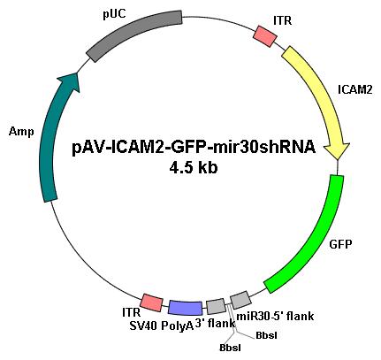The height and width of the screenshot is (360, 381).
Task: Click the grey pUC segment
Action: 133,33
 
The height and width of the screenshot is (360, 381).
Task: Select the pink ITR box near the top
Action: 265,36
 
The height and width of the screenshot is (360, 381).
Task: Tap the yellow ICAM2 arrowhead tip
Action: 339,159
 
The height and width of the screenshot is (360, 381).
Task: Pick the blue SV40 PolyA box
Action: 186,308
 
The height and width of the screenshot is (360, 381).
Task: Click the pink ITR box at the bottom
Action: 151,303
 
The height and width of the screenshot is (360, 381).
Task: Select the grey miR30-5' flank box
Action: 240,300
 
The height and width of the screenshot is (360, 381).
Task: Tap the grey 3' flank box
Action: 216,307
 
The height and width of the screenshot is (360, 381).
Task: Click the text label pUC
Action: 114,15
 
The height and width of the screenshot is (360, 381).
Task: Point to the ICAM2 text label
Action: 354,89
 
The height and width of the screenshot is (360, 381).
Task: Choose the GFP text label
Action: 340,244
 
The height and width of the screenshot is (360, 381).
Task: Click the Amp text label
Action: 21,132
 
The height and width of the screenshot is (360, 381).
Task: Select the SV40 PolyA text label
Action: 162,326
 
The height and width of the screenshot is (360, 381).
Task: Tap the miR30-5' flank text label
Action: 275,317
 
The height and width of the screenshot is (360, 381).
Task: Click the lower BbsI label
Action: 230,348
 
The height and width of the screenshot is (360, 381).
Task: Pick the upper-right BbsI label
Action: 266,335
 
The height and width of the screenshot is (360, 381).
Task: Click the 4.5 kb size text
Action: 194,167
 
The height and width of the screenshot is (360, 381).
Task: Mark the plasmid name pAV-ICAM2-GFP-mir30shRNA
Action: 194,147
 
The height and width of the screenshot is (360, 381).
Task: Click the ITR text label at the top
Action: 283,20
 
